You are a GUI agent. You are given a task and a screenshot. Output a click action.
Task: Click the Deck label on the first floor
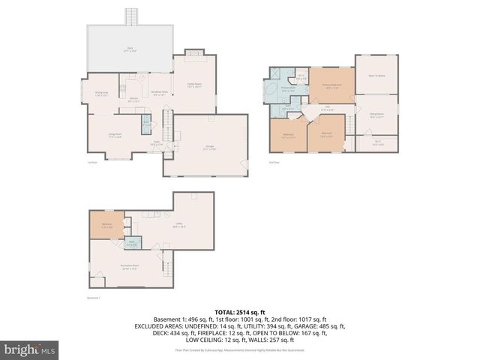(x=130, y=49)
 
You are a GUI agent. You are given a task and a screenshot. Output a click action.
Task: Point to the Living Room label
(x=115, y=136)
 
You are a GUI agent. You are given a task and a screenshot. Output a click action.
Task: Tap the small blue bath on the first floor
(x=146, y=124)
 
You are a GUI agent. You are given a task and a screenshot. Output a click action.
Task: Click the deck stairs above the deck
(x=132, y=16)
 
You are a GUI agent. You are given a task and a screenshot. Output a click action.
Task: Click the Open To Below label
(x=376, y=76)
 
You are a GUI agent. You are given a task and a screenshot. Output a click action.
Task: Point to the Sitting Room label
(x=376, y=115)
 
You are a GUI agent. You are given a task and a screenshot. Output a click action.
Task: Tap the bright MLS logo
(x=30, y=349)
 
